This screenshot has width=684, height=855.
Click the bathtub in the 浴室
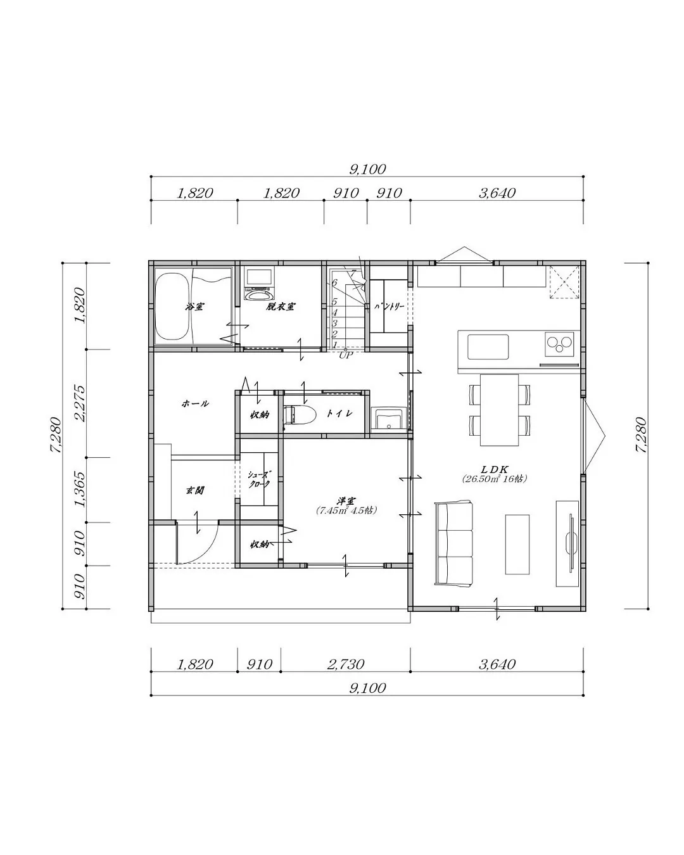[x=172, y=307]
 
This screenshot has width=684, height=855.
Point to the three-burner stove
[x=559, y=346]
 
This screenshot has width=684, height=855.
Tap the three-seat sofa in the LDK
[x=453, y=544]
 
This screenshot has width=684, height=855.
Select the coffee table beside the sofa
[x=517, y=544]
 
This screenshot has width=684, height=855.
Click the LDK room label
[x=495, y=469]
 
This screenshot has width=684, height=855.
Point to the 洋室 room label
[x=346, y=500]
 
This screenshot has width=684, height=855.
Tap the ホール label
[x=195, y=403]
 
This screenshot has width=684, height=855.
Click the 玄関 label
[x=194, y=490]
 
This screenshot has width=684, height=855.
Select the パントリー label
[x=388, y=306]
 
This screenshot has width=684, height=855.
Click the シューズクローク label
[x=258, y=479]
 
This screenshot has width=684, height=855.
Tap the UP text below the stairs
[x=345, y=355]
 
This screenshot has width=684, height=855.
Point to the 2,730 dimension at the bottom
[x=345, y=664]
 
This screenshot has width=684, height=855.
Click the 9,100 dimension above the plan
[x=367, y=169]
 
